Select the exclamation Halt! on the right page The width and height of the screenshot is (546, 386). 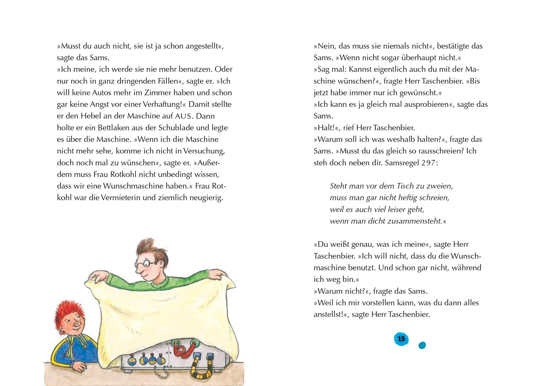[x=326, y=128]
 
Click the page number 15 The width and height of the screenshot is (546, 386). [x=401, y=339]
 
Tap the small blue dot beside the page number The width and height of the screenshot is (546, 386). [x=422, y=345]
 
